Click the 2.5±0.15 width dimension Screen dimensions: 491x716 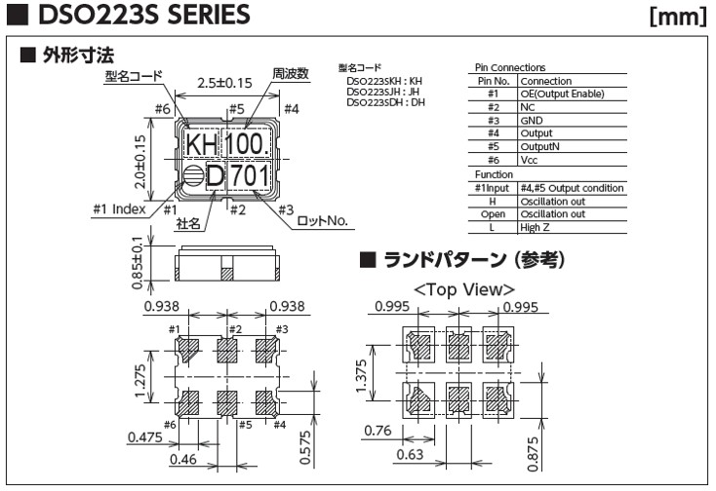point(225,84)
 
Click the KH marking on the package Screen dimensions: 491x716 point(201,146)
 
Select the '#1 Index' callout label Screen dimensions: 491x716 point(119,208)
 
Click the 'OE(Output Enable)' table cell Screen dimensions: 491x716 point(562,94)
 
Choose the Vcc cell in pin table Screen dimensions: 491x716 point(530,159)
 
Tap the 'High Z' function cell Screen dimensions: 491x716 point(536,226)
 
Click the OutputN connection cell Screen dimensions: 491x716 point(539,146)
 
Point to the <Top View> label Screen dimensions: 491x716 point(464,289)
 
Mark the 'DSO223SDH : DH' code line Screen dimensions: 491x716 point(385,101)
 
